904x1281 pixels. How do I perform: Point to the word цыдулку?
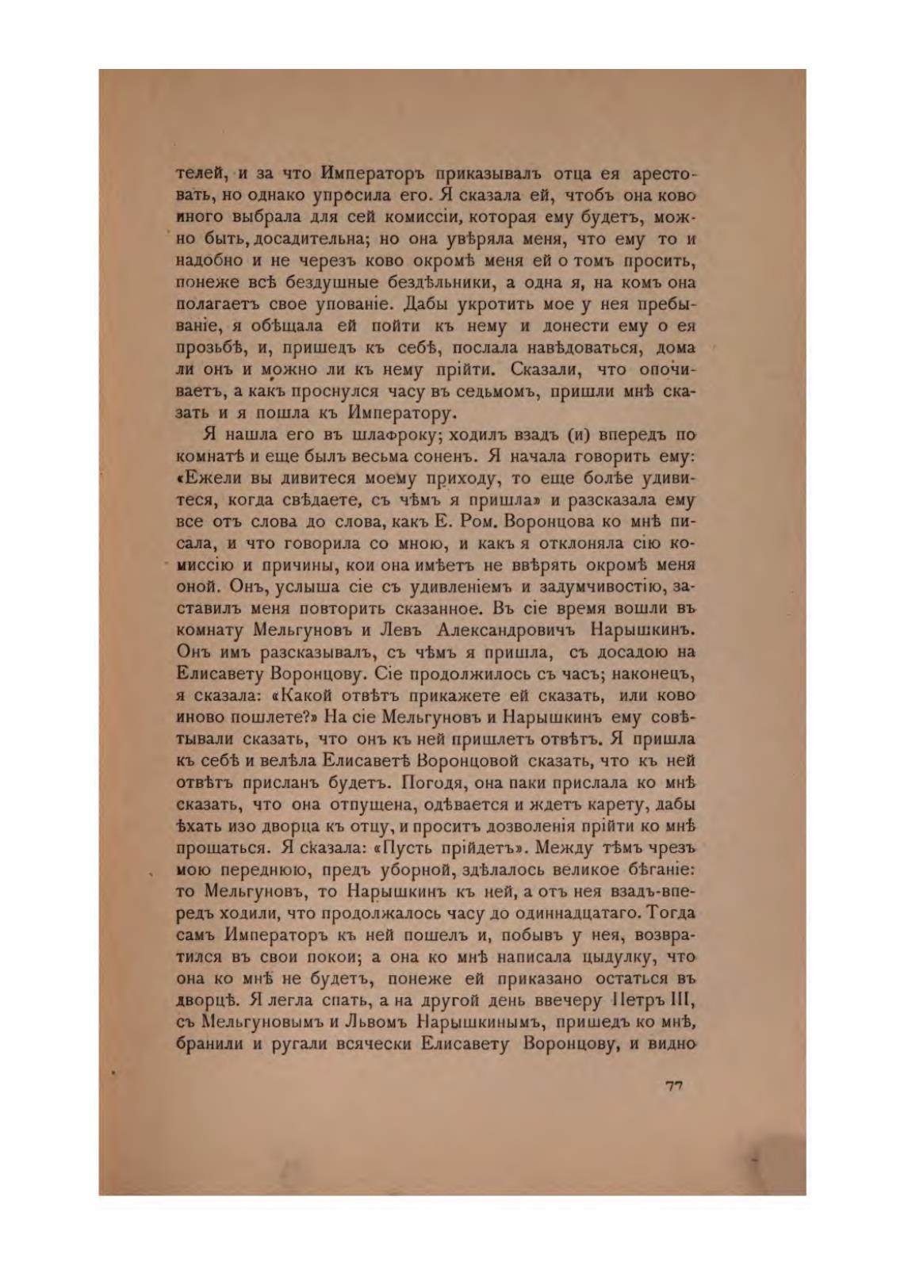pos(613,956)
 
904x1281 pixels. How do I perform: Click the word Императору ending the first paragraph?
pos(400,413)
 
